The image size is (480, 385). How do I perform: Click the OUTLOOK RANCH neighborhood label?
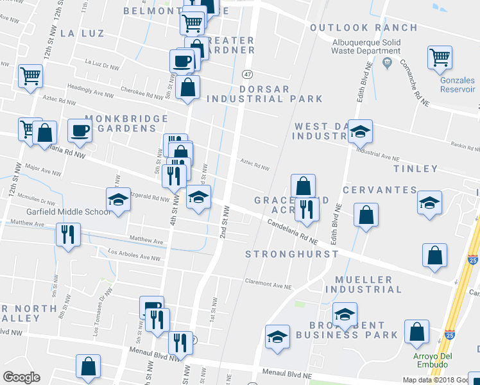pyautogui.click(x=364, y=28)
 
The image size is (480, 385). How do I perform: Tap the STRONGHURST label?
pyautogui.click(x=292, y=254)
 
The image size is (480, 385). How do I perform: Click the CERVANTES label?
pyautogui.click(x=380, y=190)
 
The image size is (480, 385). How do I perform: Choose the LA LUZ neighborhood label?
pyautogui.click(x=81, y=34)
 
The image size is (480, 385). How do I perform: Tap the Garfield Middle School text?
pyautogui.click(x=69, y=212)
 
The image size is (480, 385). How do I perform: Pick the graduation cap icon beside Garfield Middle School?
pyautogui.click(x=117, y=200)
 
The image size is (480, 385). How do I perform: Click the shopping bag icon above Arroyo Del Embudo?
pyautogui.click(x=417, y=332)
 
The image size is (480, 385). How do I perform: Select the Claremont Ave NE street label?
pyautogui.click(x=268, y=281)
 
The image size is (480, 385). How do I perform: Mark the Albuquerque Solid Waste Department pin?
pyautogui.click(x=386, y=62)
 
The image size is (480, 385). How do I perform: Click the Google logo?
pyautogui.click(x=21, y=377)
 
